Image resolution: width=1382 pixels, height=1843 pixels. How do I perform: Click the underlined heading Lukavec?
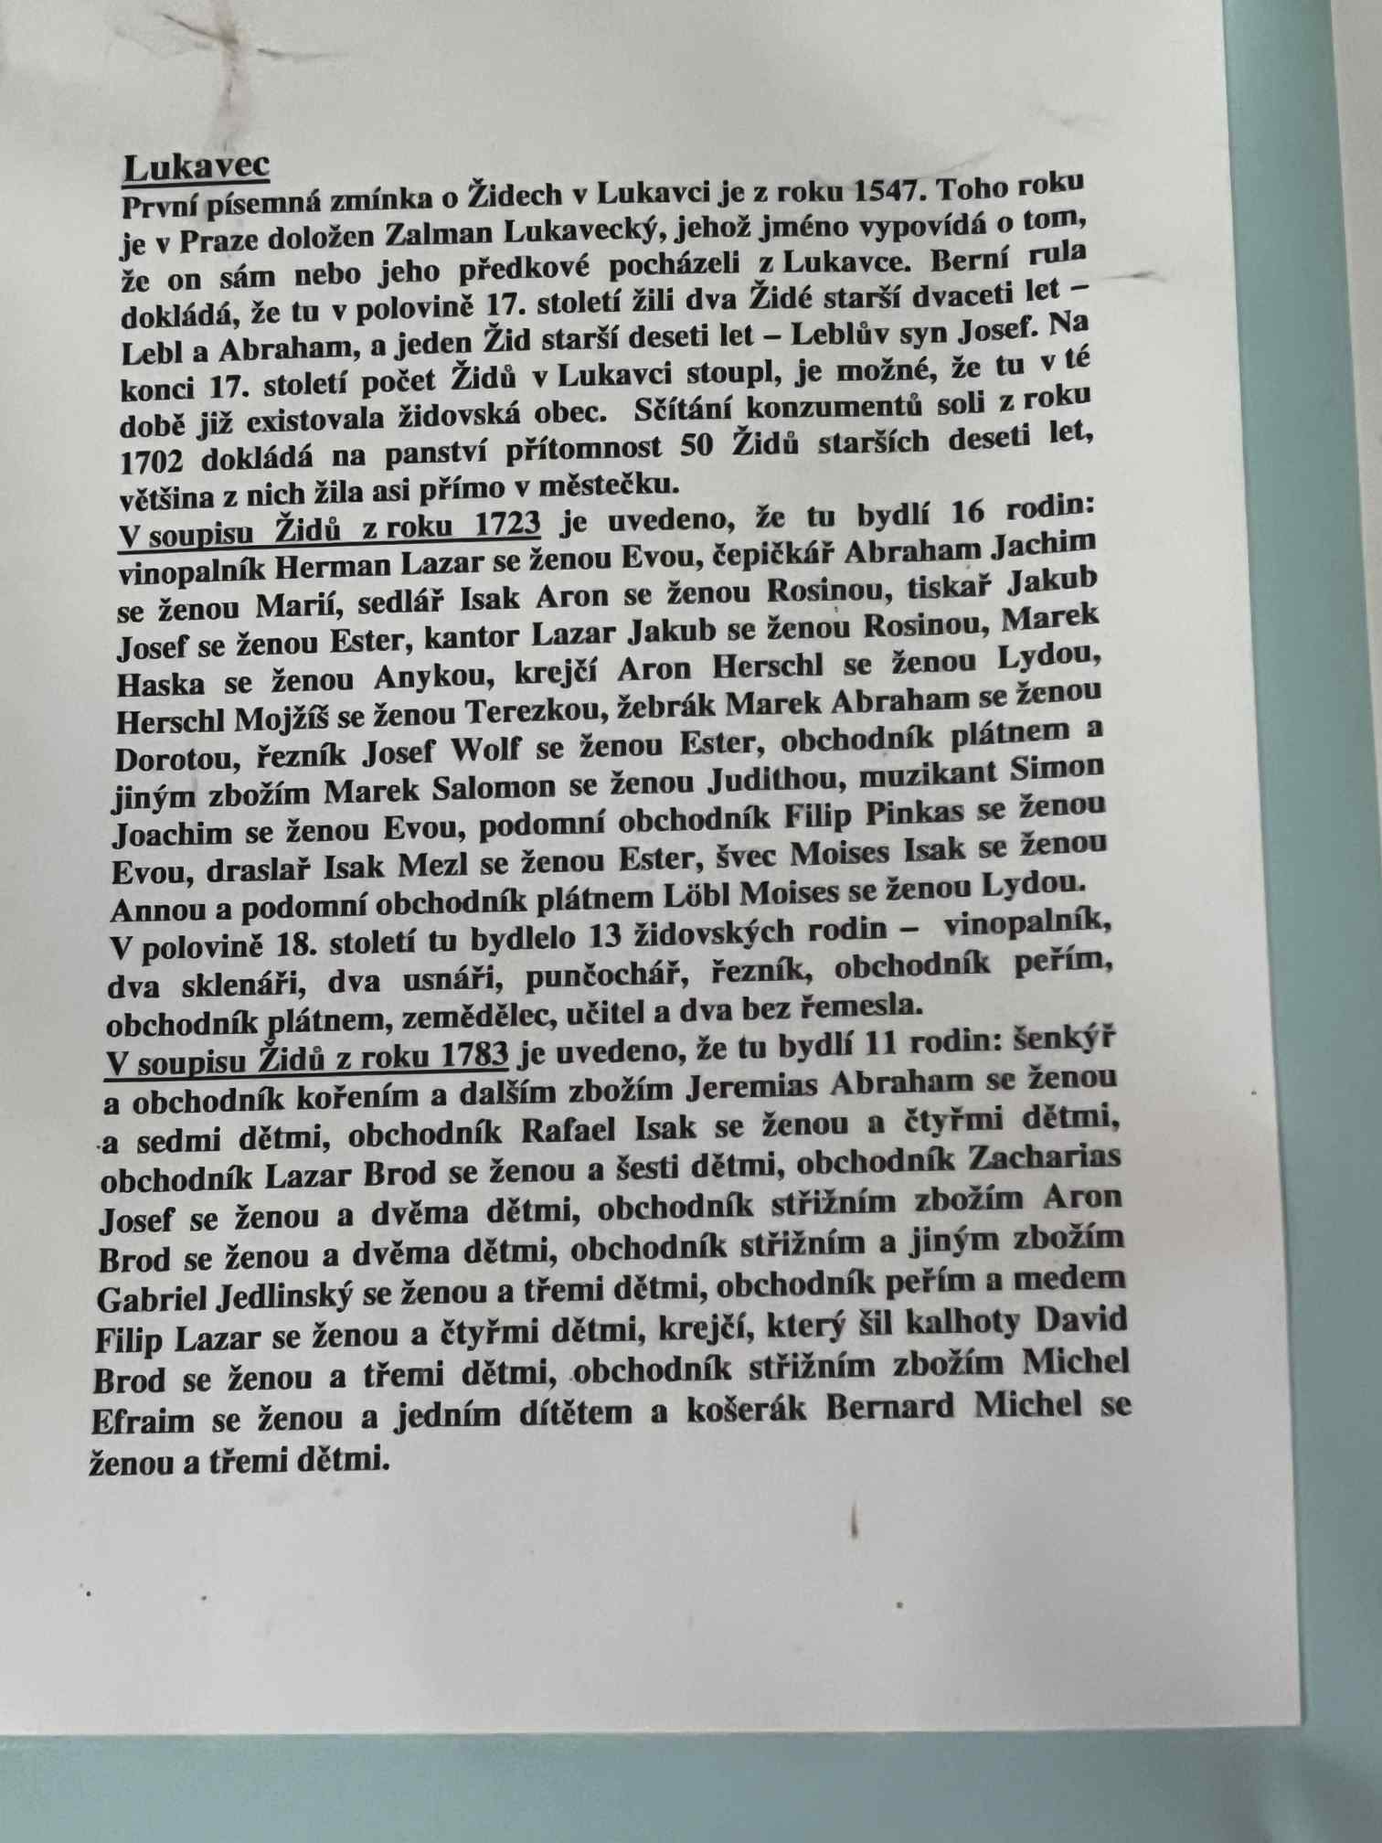click(196, 166)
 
